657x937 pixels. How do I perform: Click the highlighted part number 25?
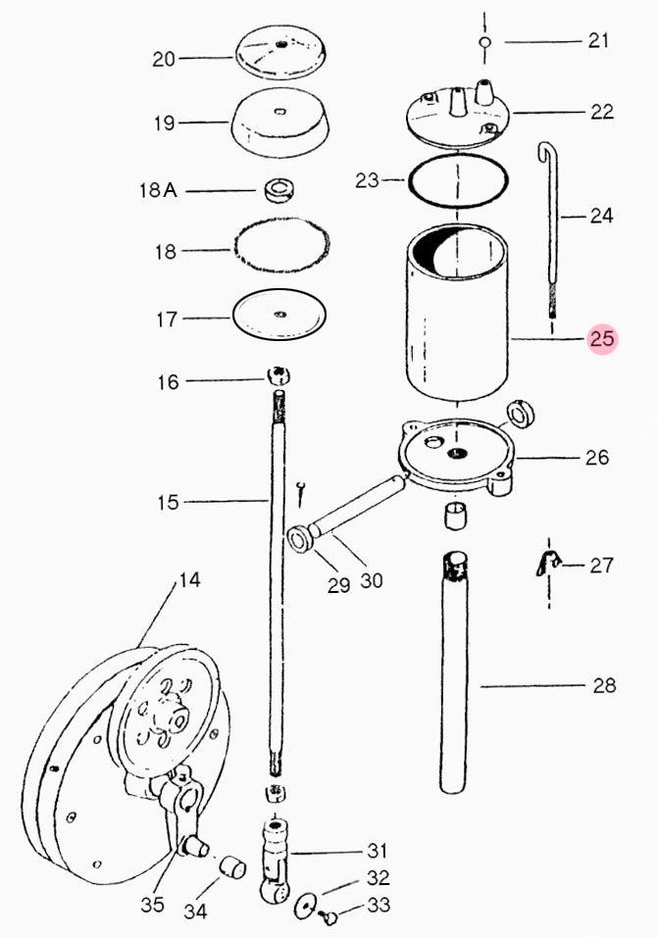point(602,339)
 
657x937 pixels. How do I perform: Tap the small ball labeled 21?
point(484,42)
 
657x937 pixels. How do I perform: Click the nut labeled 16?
point(278,375)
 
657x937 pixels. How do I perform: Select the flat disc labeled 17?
point(279,314)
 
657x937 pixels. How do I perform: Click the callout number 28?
point(604,685)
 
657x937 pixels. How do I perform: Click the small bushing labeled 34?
point(232,867)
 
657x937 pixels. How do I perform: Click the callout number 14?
point(189,579)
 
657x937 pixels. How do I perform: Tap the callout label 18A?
point(158,190)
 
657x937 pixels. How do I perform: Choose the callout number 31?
point(378,851)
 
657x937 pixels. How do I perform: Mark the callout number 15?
point(168,502)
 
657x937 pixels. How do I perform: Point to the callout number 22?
point(601,112)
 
